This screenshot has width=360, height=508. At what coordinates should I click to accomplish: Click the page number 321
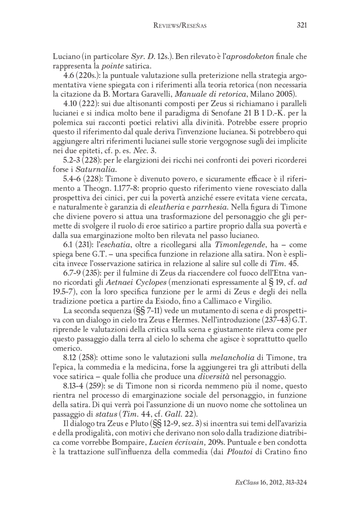(x=301, y=26)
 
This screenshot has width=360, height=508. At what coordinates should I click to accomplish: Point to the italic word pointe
(x=104, y=67)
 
